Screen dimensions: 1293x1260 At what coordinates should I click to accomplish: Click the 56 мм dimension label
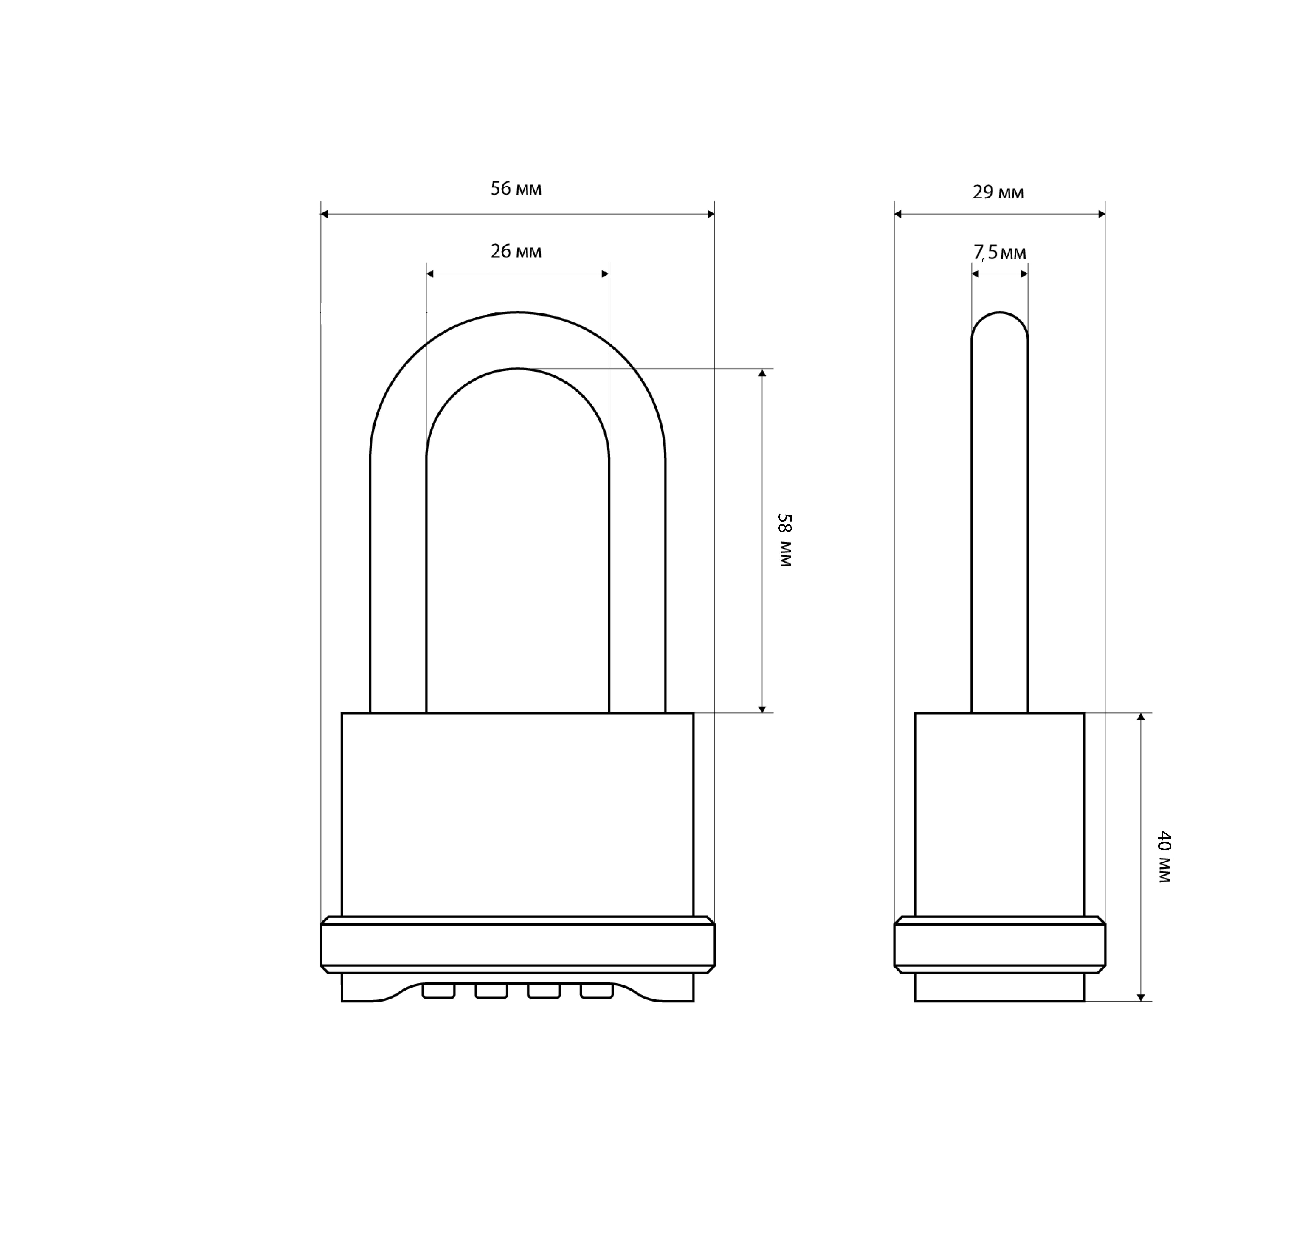(x=516, y=189)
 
